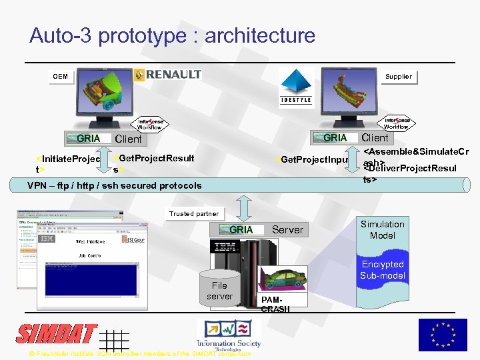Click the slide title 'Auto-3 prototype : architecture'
click(x=172, y=35)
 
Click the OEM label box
click(x=61, y=77)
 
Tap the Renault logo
click(x=167, y=75)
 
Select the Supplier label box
click(x=399, y=77)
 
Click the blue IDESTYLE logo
click(x=296, y=87)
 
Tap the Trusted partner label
click(x=193, y=214)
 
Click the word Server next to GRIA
click(x=287, y=230)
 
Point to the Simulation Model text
click(x=383, y=230)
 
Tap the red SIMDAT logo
click(x=57, y=333)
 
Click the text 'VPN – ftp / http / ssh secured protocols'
click(x=114, y=185)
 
